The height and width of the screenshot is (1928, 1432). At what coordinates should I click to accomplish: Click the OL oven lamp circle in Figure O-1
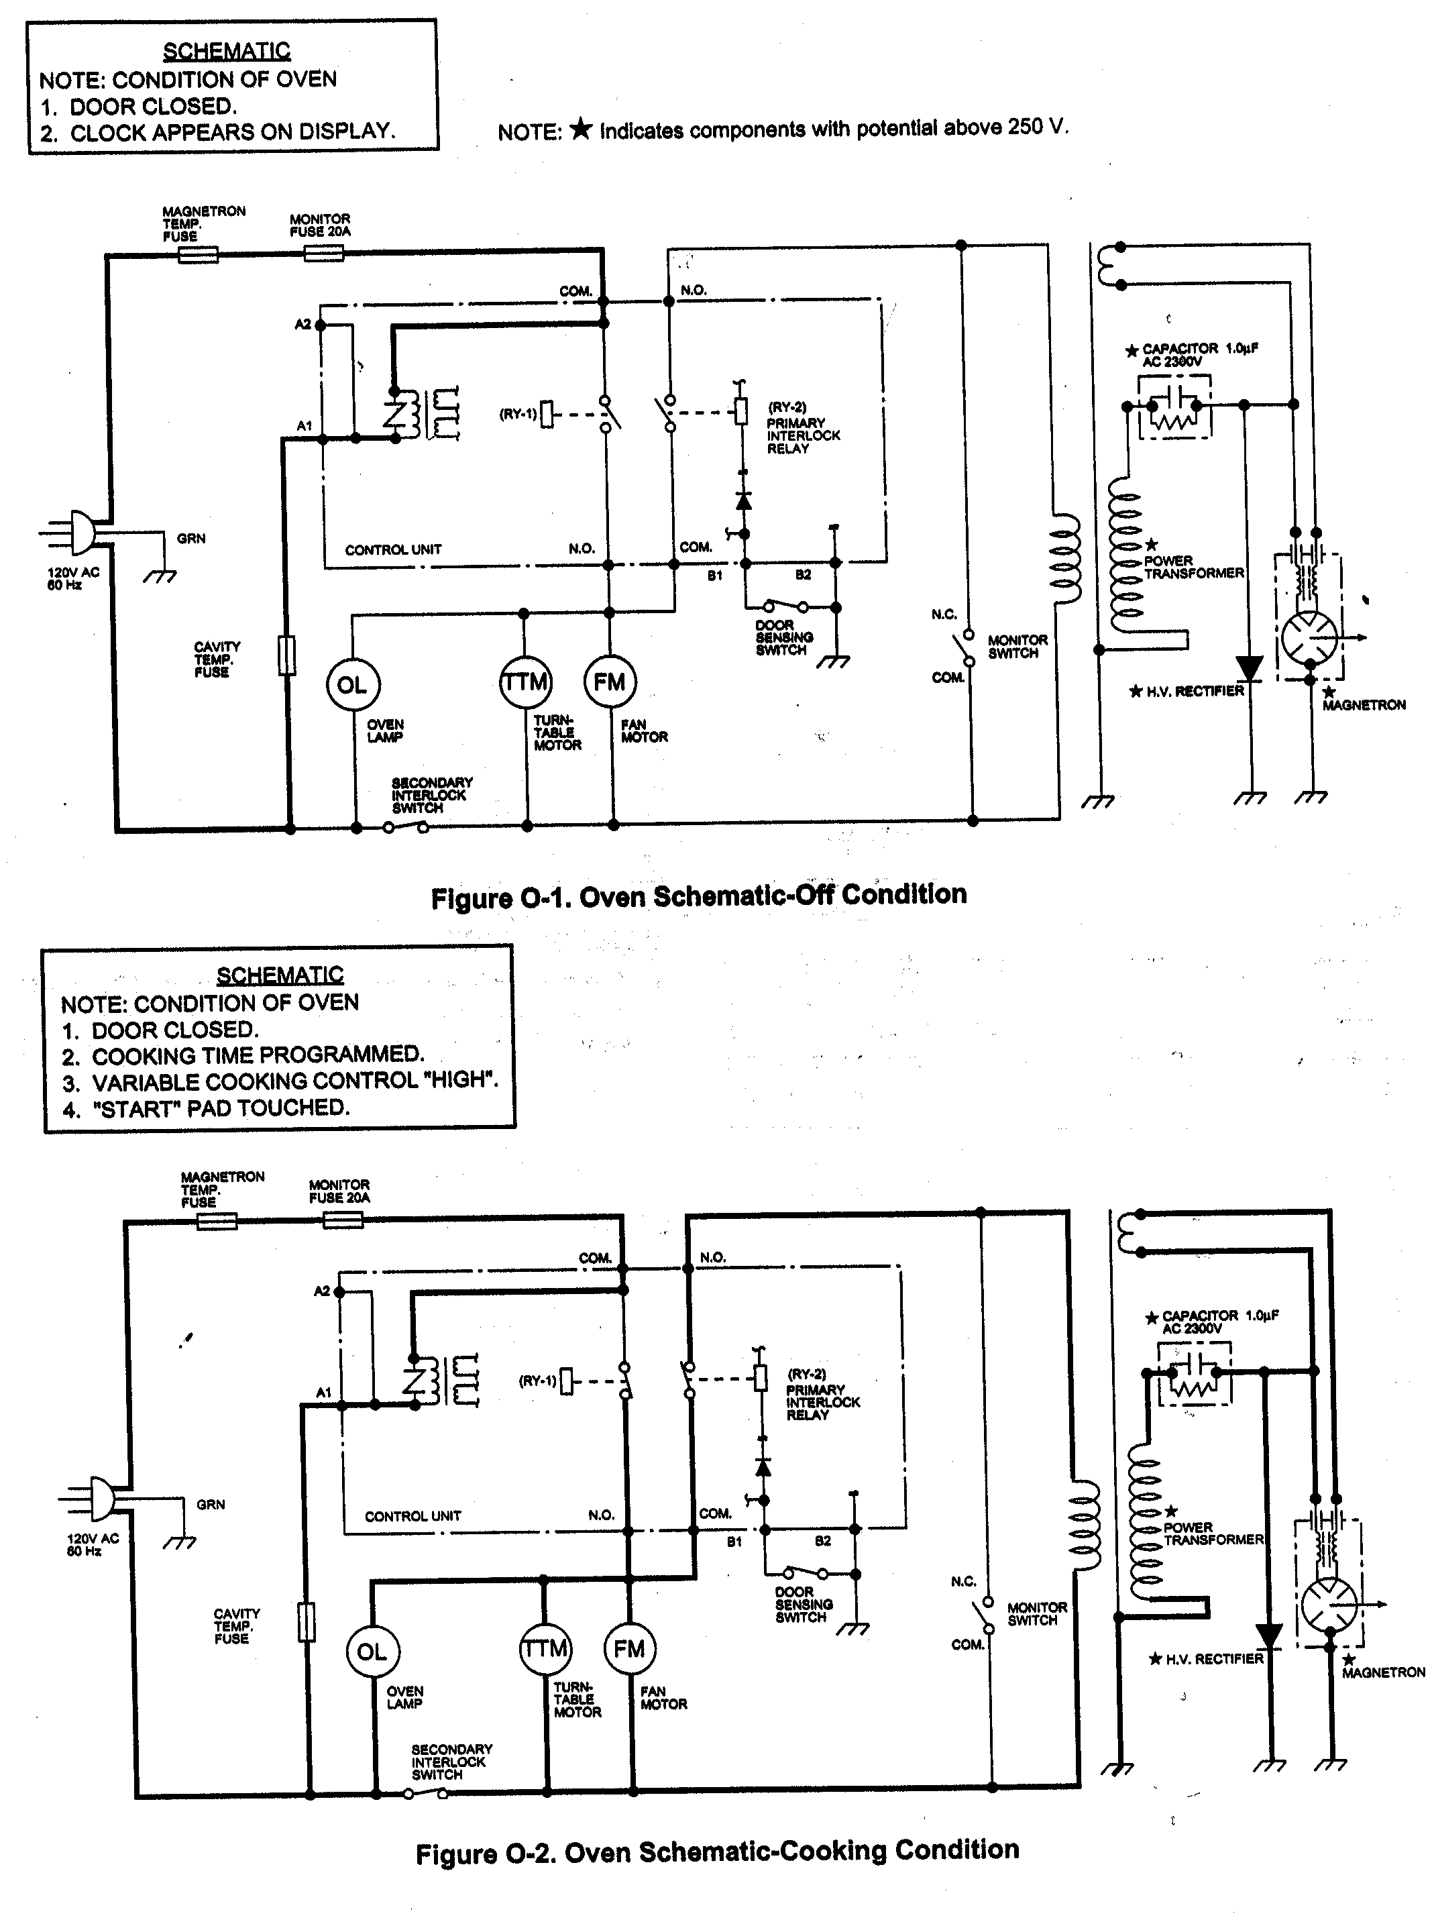tap(352, 685)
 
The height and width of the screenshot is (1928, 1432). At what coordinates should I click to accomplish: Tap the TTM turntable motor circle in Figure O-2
tap(545, 1649)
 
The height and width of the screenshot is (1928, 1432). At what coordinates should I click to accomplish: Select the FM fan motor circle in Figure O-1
tap(610, 682)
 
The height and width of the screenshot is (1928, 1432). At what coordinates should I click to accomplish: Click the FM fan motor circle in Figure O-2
tap(629, 1649)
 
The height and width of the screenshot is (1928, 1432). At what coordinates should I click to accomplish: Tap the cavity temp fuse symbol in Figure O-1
tap(287, 655)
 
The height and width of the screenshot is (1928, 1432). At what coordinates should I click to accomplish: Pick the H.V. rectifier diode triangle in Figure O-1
tap(1249, 667)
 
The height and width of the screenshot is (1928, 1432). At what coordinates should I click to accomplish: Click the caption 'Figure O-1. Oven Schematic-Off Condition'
tap(699, 895)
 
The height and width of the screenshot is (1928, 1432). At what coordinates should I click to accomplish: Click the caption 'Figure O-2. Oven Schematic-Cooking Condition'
tap(717, 1852)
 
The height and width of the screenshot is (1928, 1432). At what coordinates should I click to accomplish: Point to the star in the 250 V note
tap(581, 129)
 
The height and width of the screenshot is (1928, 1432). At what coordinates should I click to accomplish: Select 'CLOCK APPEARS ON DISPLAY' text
tap(232, 131)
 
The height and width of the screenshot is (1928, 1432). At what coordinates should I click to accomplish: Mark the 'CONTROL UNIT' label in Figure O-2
tap(412, 1516)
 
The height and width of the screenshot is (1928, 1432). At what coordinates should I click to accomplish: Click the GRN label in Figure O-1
tap(190, 538)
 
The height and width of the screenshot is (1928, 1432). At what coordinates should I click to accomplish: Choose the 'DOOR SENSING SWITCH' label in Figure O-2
tap(804, 1605)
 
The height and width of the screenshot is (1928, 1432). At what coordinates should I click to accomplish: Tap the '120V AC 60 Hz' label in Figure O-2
tap(92, 1544)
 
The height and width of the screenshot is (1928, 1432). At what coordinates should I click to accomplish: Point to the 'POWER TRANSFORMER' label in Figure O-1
tap(1194, 567)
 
